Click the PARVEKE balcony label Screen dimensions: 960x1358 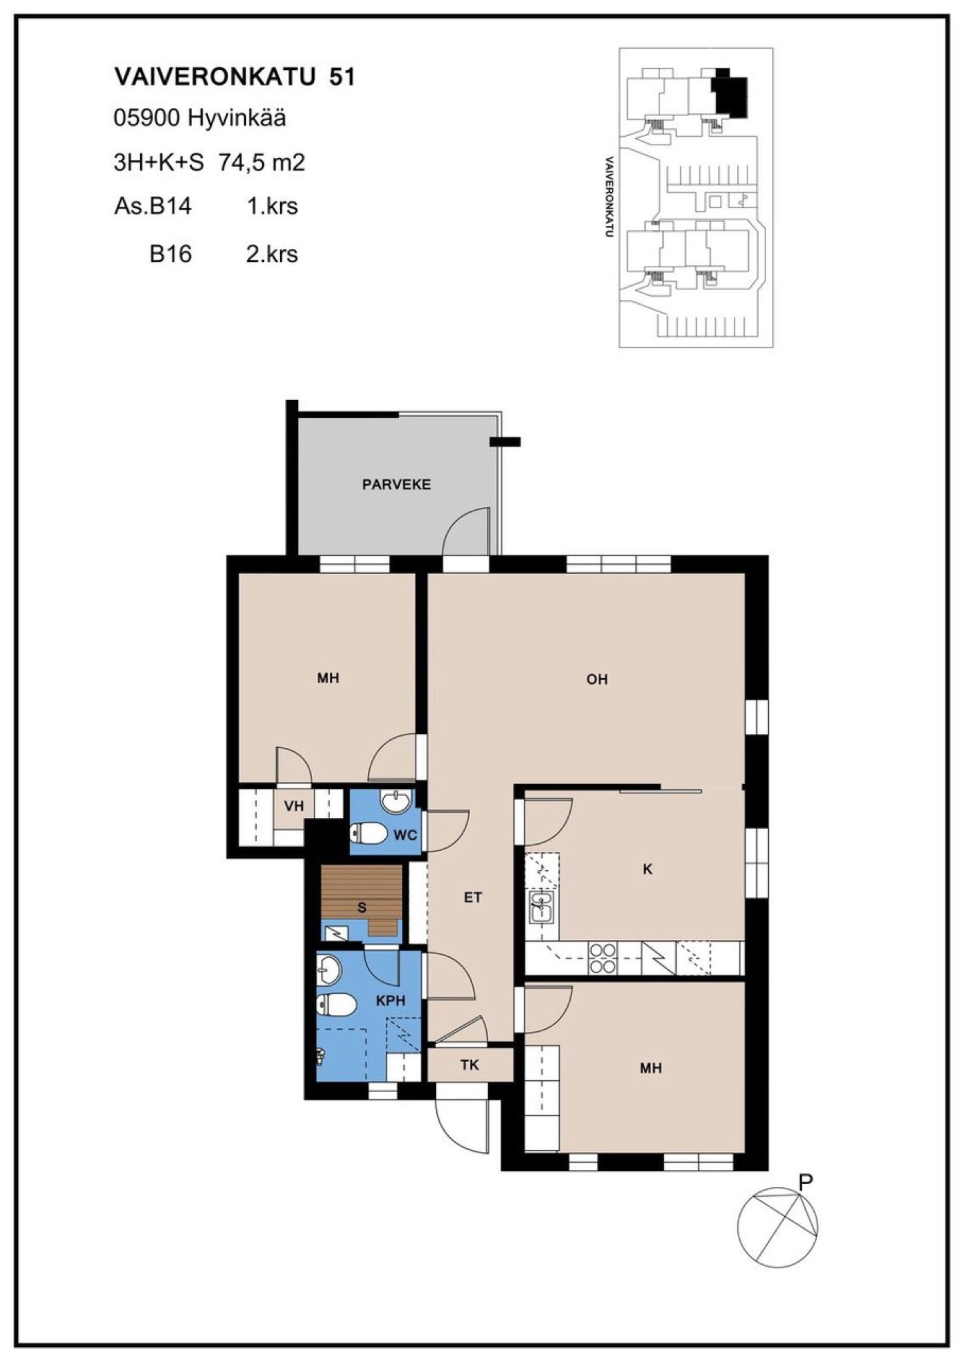pos(396,485)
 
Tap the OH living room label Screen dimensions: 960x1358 pos(597,679)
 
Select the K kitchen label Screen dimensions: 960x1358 pos(647,869)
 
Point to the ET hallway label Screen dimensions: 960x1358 pos(473,897)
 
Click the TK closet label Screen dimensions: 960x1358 pos(469,1065)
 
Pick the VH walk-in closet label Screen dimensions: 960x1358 pos(294,806)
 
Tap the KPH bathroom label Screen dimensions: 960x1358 pos(391,1001)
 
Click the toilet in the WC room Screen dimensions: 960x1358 pos(369,833)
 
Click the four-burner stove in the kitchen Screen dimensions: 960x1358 pos(603,959)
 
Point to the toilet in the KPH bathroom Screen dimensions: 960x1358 pos(335,1005)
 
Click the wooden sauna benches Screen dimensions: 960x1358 pos(362,900)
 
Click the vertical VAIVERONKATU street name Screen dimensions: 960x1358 pos(608,197)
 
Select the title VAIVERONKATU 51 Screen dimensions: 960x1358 pos(235,77)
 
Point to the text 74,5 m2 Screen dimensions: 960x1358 pos(261,163)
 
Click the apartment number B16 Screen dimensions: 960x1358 pos(171,255)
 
